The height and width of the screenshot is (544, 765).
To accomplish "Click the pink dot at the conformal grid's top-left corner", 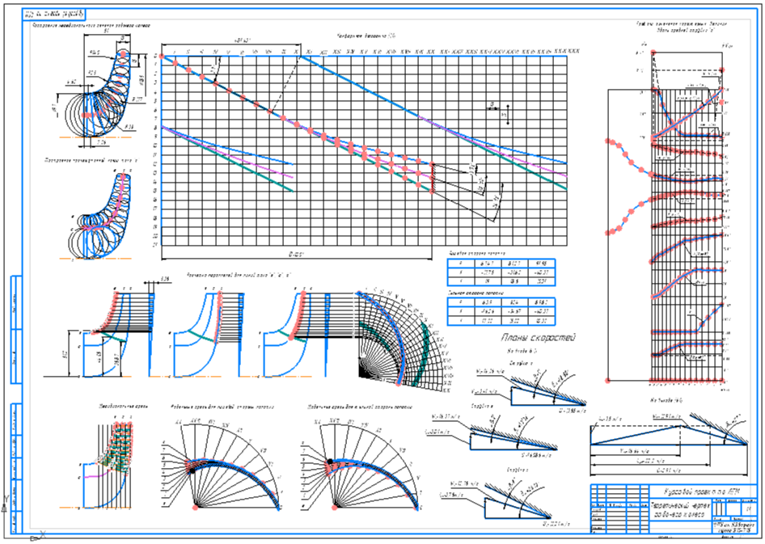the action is [x=162, y=57].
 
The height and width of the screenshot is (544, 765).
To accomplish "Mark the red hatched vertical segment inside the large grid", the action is [x=434, y=179].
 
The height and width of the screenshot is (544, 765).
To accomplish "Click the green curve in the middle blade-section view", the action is [x=199, y=334].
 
